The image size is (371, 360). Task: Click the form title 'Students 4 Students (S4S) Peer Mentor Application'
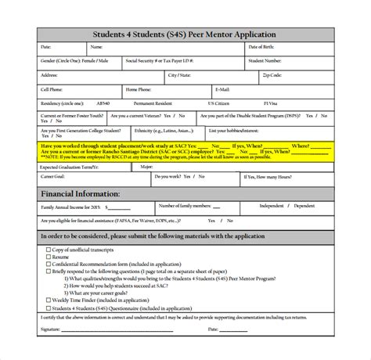pyautogui.click(x=185, y=34)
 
